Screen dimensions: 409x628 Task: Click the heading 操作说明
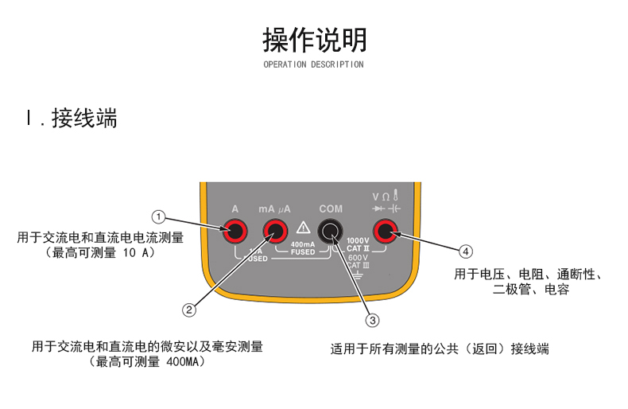click(x=314, y=38)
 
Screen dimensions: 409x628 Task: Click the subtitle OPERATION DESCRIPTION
click(x=313, y=64)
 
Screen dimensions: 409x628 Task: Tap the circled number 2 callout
click(x=189, y=310)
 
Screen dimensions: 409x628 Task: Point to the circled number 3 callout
click(x=371, y=321)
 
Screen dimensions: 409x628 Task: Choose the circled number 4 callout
click(x=466, y=251)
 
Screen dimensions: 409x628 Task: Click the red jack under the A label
click(x=235, y=232)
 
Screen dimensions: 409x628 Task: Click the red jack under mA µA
click(x=276, y=232)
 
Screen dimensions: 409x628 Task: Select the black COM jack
click(x=330, y=232)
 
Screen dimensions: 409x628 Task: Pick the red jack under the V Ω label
click(x=386, y=232)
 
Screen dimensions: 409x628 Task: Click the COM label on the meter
click(x=331, y=209)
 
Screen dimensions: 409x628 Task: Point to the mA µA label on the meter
click(x=274, y=209)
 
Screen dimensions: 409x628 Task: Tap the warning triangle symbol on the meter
click(x=303, y=228)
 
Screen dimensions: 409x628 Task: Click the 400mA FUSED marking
click(x=303, y=248)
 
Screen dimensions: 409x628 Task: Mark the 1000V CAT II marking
click(x=359, y=244)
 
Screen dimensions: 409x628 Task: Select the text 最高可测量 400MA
click(x=148, y=362)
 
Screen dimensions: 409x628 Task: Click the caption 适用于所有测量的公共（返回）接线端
click(x=440, y=349)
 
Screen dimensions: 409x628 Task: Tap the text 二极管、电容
click(x=531, y=290)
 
